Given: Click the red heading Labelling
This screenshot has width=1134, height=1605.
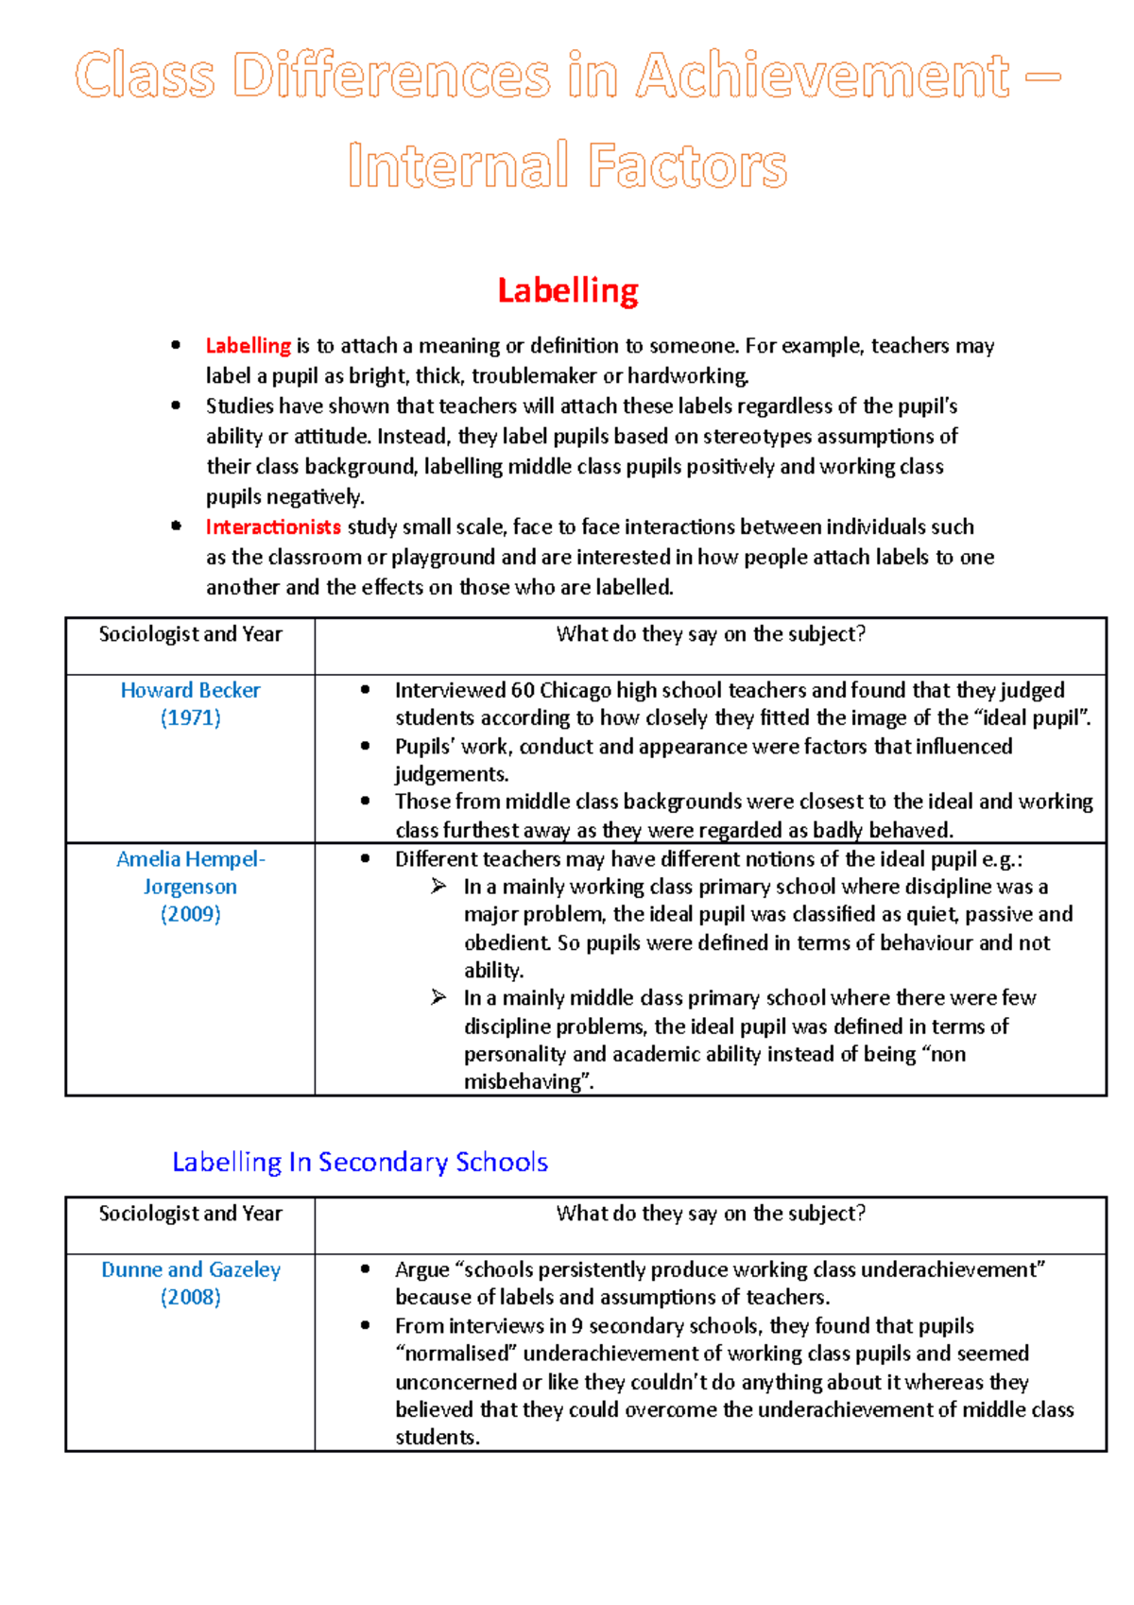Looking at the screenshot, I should point(567,290).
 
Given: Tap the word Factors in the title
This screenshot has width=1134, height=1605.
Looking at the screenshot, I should point(687,166).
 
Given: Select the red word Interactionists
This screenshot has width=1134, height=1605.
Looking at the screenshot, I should point(273,527).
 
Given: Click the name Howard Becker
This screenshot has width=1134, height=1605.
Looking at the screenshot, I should point(190,691).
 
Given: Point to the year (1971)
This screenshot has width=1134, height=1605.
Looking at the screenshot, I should point(190,718).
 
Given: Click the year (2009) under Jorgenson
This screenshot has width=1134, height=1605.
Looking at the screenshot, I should point(190,915).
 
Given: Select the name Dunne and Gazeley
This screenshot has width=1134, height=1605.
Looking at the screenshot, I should point(190,1270).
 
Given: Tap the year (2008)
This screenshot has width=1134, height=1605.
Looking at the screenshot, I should point(190,1298).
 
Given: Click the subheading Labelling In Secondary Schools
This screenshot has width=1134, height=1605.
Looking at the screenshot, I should point(359,1163).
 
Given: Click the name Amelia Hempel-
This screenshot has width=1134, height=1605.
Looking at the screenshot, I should point(190,860).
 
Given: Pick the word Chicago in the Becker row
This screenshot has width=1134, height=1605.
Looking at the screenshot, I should point(575,691).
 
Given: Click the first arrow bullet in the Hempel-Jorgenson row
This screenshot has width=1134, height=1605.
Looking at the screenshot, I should point(438,887).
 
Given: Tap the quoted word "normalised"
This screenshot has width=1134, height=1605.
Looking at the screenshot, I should point(456,1354).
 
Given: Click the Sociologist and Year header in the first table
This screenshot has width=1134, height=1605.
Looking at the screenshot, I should point(190,635).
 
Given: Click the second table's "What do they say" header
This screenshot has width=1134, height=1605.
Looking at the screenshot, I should point(710,1215).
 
